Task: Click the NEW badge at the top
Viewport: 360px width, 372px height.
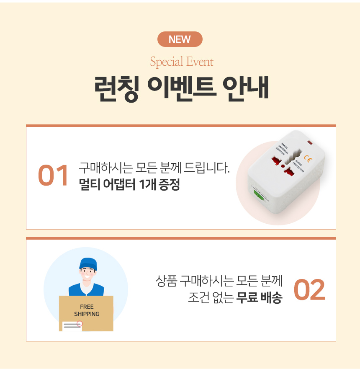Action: coord(180,39)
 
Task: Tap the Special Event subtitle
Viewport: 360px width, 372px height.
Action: coord(182,62)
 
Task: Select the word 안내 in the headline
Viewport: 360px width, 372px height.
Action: coord(246,88)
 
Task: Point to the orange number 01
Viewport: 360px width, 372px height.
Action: coord(53,176)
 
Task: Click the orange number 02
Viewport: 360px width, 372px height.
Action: coord(309,289)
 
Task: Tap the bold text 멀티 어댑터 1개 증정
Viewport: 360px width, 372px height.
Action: coord(129,184)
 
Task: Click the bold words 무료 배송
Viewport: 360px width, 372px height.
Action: coord(259,297)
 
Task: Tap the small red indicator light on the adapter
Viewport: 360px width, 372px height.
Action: coord(310,142)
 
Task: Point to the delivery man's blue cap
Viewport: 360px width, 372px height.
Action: coord(88,264)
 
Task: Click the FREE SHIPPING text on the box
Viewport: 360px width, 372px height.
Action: coord(87,310)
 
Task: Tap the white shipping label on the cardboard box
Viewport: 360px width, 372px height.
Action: coord(72,326)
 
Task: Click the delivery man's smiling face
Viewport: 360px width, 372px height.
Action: coord(87,274)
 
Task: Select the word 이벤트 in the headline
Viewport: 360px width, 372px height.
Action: coord(182,88)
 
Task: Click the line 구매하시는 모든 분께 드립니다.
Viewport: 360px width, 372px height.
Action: coord(154,168)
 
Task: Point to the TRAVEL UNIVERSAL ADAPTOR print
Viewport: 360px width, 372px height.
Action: coord(282,149)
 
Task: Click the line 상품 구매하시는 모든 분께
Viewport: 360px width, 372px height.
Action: coord(219,281)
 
